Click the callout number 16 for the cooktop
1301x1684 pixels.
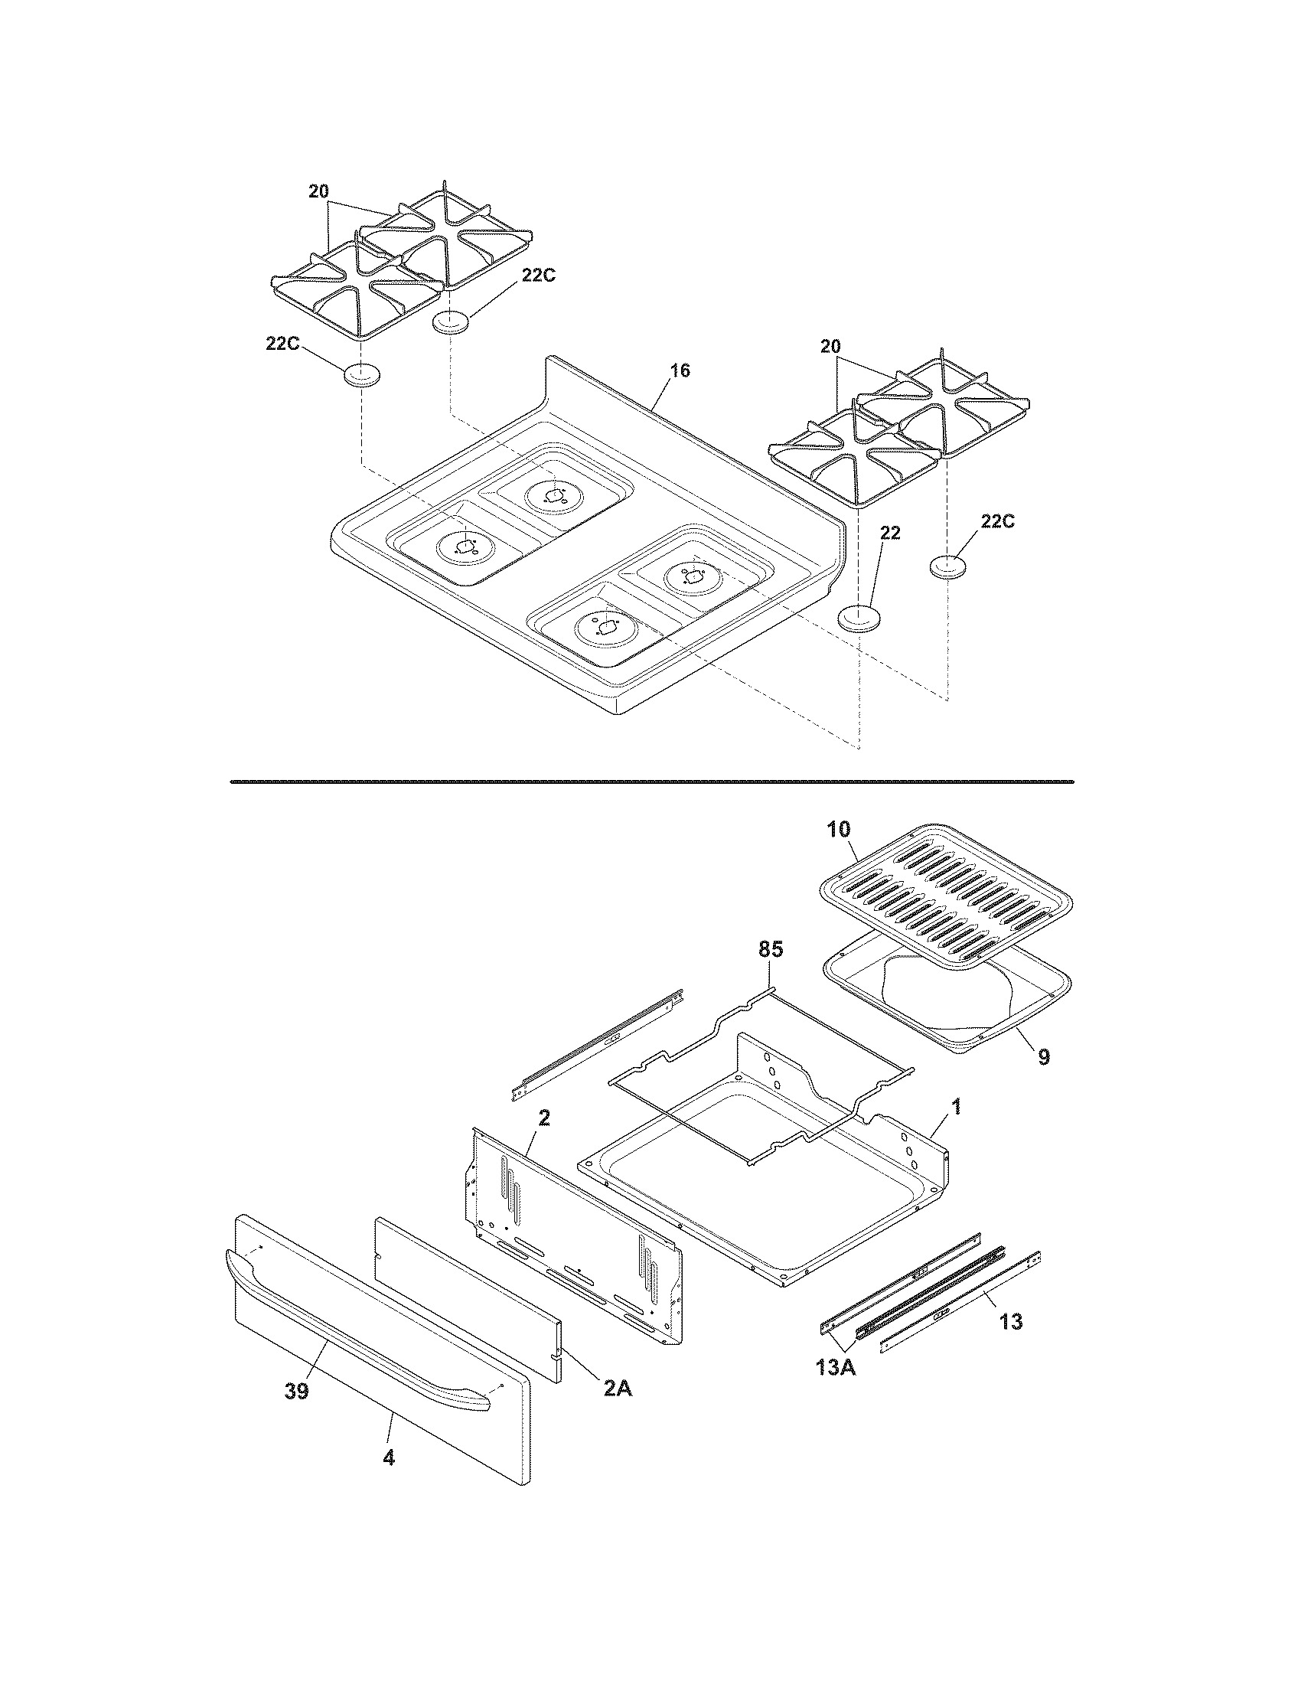[679, 370]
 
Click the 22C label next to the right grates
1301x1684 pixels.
[997, 522]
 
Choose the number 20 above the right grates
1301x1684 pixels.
[830, 347]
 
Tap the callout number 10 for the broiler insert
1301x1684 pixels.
[839, 830]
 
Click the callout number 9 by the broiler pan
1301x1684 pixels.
[1043, 1057]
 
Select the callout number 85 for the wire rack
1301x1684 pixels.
[770, 950]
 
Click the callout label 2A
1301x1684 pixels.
[617, 1388]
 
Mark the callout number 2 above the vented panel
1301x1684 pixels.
[543, 1119]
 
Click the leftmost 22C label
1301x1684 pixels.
[283, 344]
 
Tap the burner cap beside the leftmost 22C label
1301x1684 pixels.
[362, 376]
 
